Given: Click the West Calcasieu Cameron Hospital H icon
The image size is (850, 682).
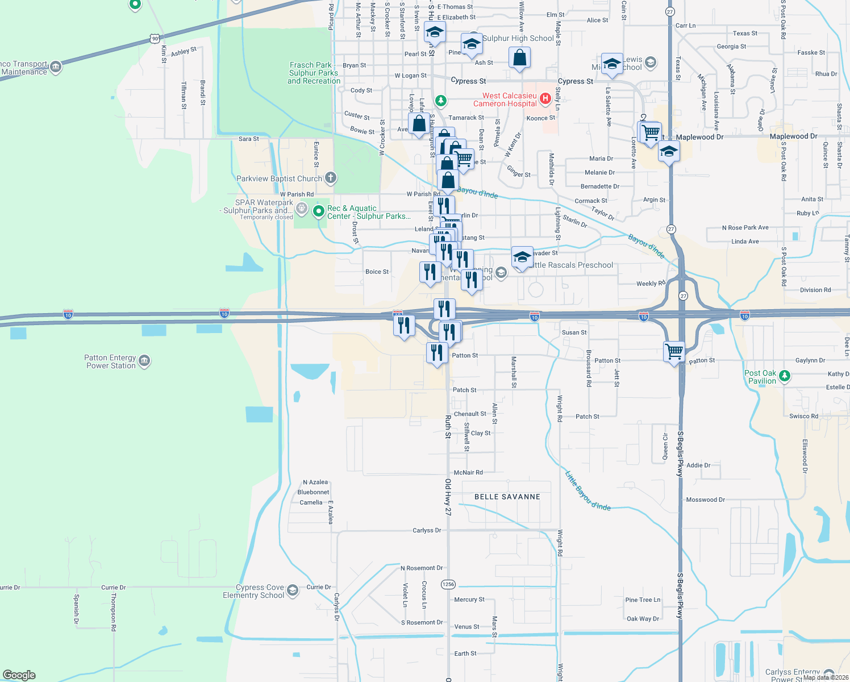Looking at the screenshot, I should [x=545, y=99].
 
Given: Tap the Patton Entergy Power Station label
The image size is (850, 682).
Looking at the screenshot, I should [x=111, y=362].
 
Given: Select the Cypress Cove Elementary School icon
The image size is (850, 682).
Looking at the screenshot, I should [x=293, y=590].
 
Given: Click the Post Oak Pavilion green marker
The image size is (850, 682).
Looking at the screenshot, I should [x=784, y=376].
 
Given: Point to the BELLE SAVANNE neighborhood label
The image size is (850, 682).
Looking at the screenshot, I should [x=507, y=497].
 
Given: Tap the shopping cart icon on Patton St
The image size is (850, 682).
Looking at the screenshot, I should [x=674, y=351].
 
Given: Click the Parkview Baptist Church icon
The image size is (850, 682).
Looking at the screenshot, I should [x=330, y=178].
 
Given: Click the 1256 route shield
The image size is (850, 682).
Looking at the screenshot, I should [x=448, y=584].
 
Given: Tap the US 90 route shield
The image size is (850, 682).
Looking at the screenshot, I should [x=155, y=39].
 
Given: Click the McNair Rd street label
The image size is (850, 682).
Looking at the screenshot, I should [x=468, y=473].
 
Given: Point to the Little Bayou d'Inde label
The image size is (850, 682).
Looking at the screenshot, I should [x=588, y=491].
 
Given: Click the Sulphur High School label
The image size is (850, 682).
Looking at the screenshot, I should [x=518, y=38].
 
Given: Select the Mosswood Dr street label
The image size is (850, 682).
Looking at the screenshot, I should [x=705, y=500].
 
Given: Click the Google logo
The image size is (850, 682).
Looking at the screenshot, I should [x=19, y=675].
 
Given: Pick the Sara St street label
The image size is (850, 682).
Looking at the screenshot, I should [x=248, y=139].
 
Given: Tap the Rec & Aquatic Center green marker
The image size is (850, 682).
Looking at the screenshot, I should [x=319, y=211].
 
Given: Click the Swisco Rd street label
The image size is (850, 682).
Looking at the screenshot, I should [x=803, y=416].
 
